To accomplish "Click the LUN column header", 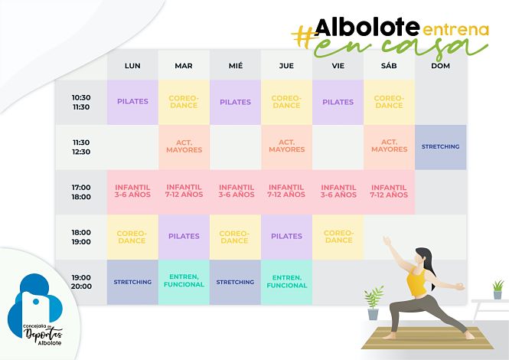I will click(x=132, y=66).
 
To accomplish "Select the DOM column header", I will click(x=440, y=66).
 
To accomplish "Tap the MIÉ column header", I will click(x=235, y=66).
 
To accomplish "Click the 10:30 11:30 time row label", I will click(x=81, y=102).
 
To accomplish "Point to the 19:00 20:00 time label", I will click(x=81, y=282).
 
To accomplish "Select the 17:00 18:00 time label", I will click(x=81, y=191).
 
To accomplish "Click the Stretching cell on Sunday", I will click(x=440, y=146).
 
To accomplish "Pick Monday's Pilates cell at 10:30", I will click(x=132, y=102).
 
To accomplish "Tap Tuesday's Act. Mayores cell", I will click(x=184, y=146).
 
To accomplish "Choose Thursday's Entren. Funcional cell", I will click(x=286, y=282).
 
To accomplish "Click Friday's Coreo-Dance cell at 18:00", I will click(x=338, y=237).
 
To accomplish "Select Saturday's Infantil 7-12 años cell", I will click(x=389, y=191).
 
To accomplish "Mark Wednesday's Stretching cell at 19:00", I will click(x=235, y=282).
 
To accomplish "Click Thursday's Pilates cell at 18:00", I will click(x=286, y=237).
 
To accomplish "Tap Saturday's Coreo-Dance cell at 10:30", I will click(x=389, y=102).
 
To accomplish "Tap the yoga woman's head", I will click(x=423, y=256).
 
